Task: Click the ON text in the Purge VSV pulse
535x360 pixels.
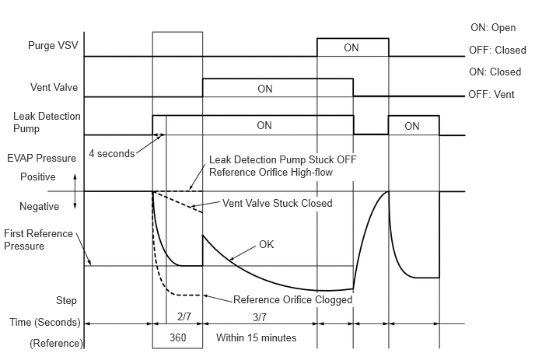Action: coord(351,47)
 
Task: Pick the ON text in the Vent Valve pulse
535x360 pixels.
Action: coord(265,89)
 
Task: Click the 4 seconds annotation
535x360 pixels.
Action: coord(112,152)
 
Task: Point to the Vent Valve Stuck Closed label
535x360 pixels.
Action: coord(278,203)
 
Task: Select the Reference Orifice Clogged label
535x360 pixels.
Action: coord(293,299)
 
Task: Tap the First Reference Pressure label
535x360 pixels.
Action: coord(38,239)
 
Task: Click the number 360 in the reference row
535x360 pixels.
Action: coord(178,339)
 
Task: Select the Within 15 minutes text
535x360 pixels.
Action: coord(256,339)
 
